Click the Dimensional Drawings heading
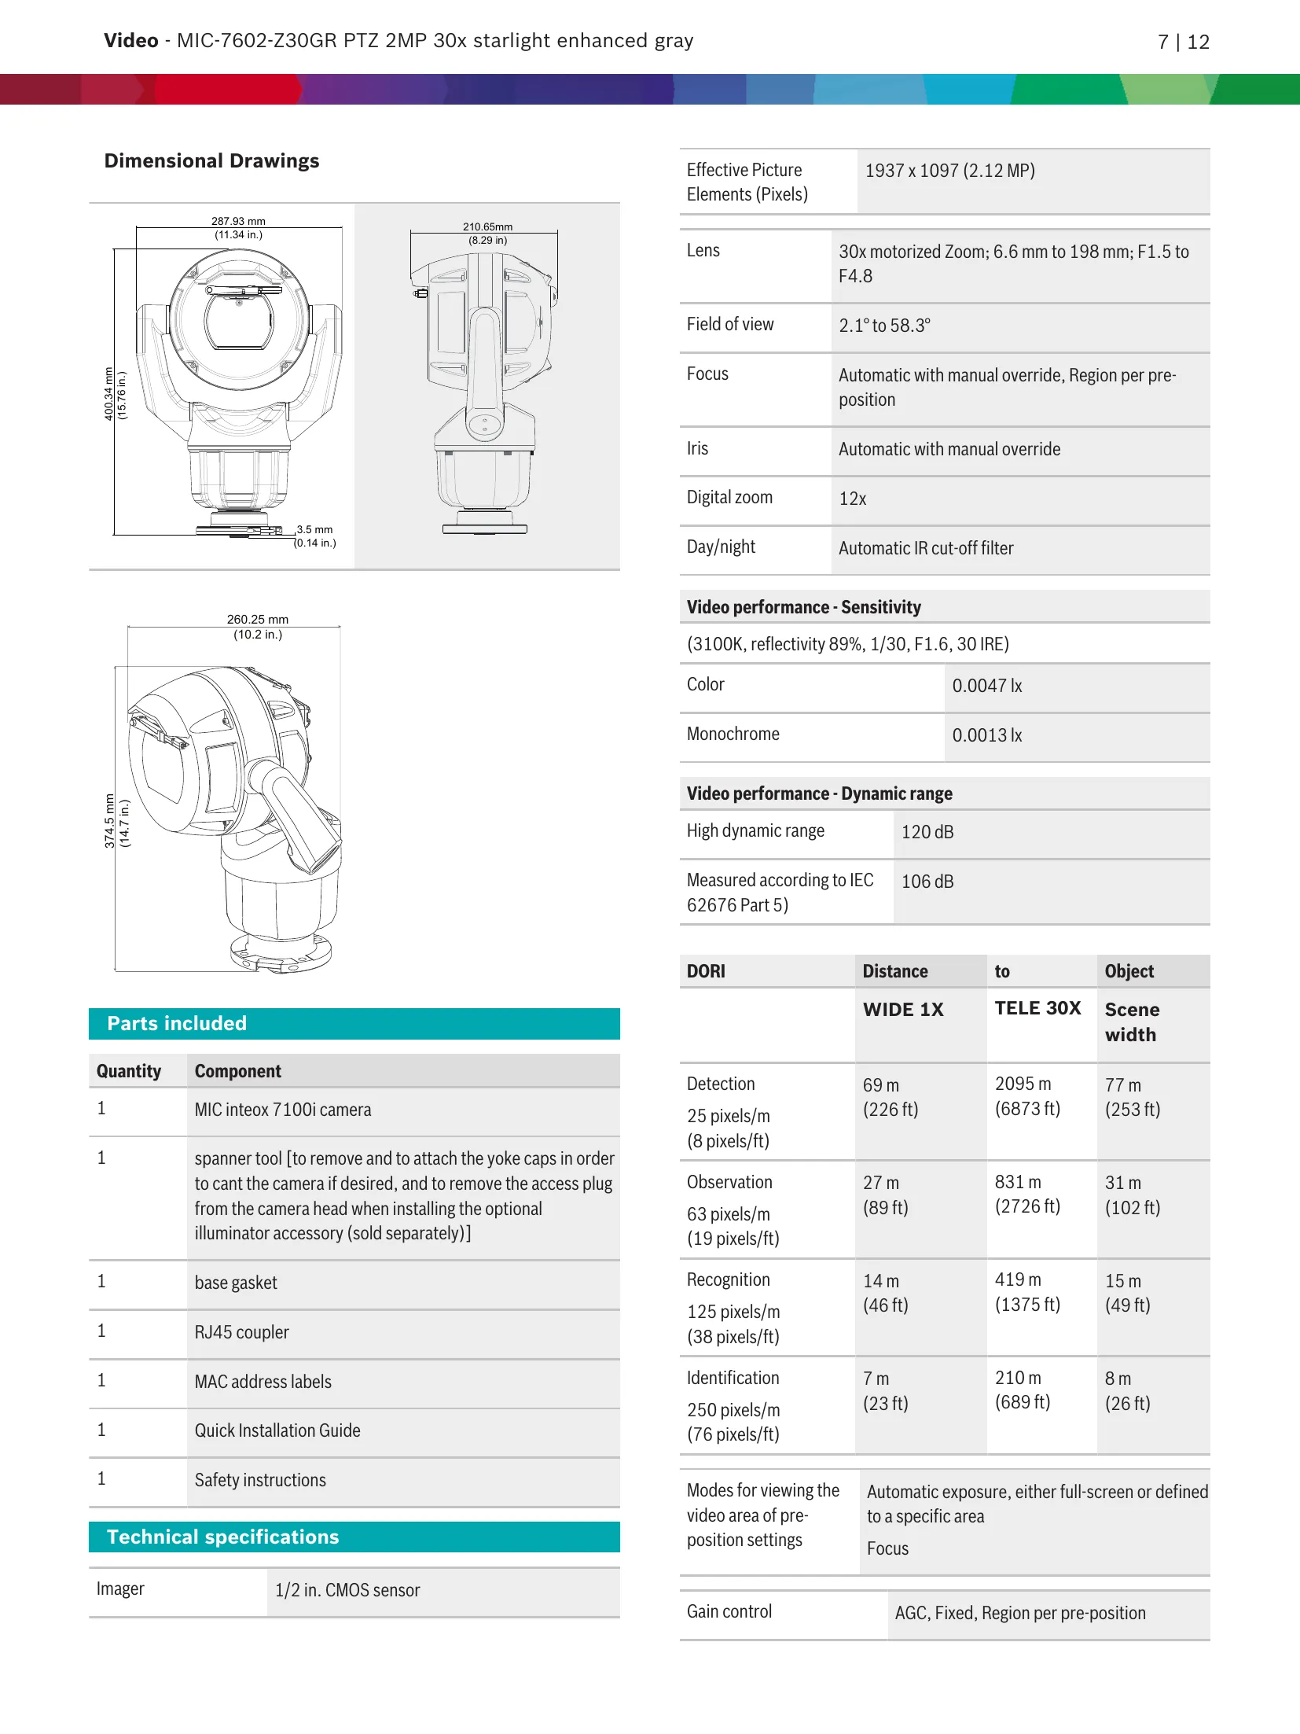211,161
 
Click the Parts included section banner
354,1023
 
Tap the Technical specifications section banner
354,1537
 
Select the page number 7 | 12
1183,42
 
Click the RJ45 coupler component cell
242,1332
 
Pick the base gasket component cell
236,1283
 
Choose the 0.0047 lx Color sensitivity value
987,686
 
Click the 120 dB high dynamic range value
927,832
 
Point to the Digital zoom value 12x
853,499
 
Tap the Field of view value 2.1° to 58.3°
884,326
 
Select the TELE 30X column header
1037,1008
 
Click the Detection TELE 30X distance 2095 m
1023,1084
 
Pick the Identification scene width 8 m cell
1118,1379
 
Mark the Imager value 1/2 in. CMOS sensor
347,1590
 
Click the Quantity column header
129,1071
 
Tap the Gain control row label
729,1612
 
